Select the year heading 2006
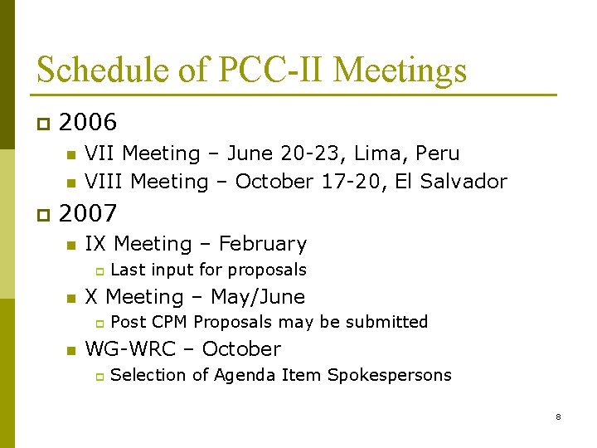pyautogui.click(x=88, y=123)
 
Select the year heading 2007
pyautogui.click(x=88, y=213)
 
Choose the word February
pyautogui.click(x=263, y=244)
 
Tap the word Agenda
pyautogui.click(x=245, y=375)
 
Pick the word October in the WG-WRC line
pyautogui.click(x=241, y=348)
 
